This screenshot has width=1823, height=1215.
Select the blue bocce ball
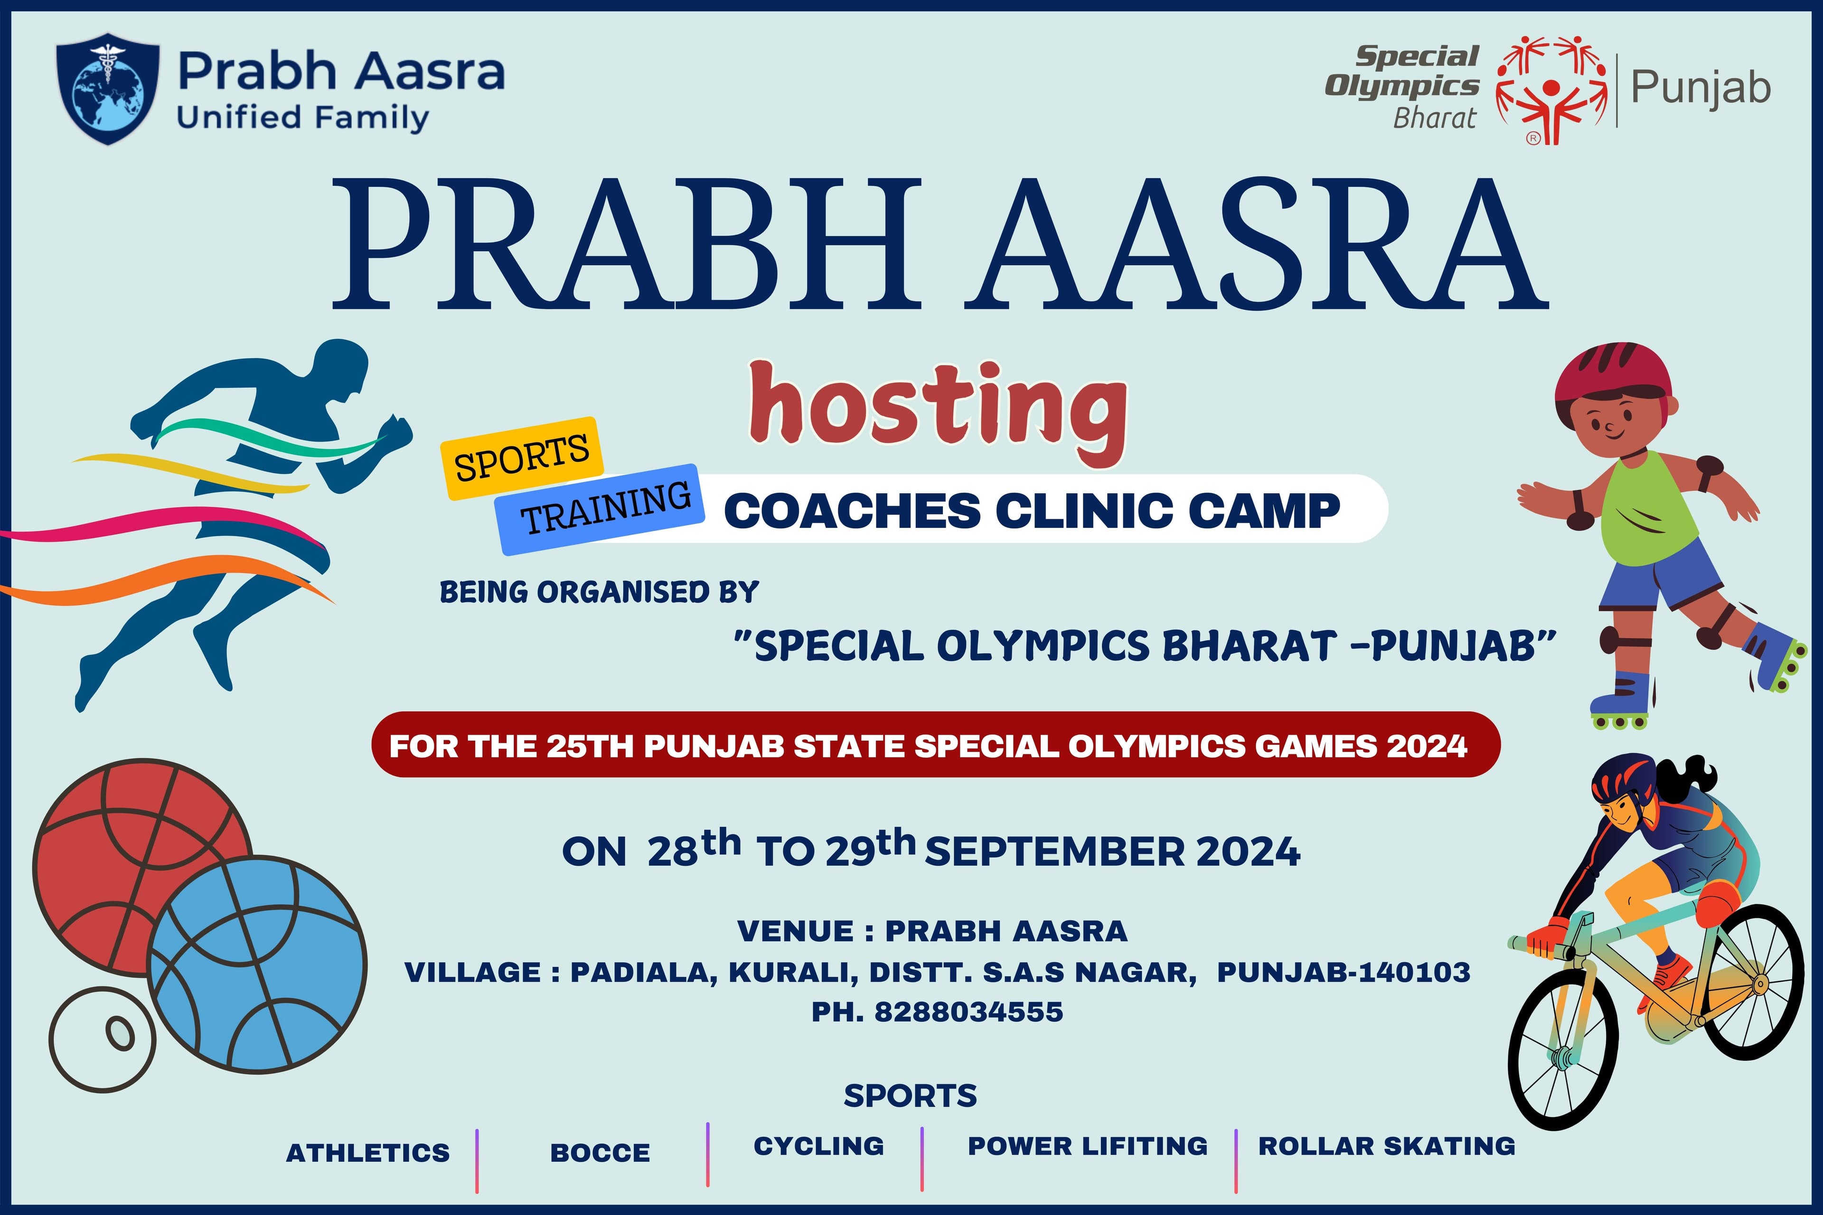[257, 965]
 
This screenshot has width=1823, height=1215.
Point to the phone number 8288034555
[969, 1012]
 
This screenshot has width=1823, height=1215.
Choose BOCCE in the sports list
[600, 1153]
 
